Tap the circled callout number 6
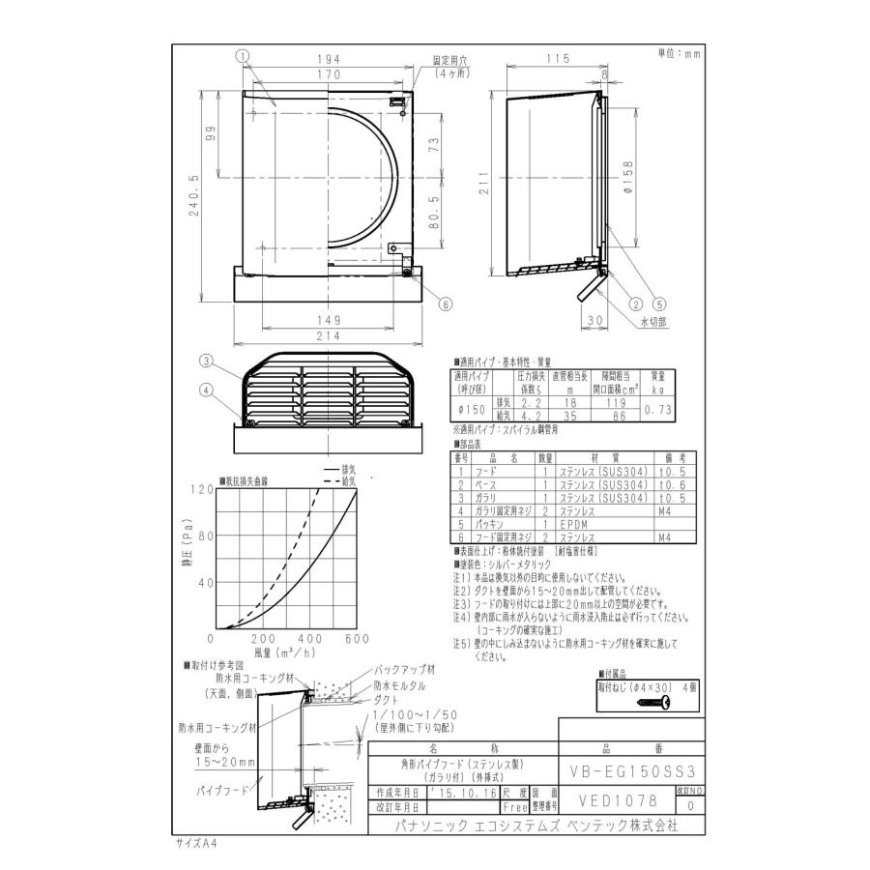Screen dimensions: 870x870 pos(446,304)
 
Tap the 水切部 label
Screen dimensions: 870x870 pos(654,320)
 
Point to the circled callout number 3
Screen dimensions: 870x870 pos(206,362)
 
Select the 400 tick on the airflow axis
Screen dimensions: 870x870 pos(310,639)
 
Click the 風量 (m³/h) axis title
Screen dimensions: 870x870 pos(287,654)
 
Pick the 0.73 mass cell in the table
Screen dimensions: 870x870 pos(657,410)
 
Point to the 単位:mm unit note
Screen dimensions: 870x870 pos(677,54)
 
